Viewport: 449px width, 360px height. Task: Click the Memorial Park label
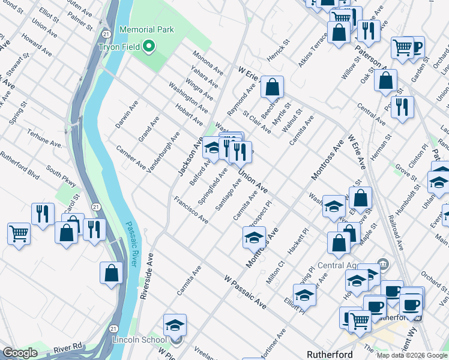click(x=146, y=29)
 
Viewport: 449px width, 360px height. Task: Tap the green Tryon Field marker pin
click(x=149, y=46)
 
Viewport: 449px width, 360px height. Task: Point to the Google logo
click(x=20, y=353)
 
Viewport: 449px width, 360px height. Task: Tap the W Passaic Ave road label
click(x=245, y=292)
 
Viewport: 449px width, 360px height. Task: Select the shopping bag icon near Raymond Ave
click(x=272, y=87)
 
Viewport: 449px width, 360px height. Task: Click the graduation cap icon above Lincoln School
click(x=175, y=325)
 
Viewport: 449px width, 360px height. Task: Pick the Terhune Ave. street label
click(x=47, y=145)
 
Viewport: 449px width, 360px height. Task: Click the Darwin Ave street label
click(x=125, y=115)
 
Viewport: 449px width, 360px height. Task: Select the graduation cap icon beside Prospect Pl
click(x=254, y=237)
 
